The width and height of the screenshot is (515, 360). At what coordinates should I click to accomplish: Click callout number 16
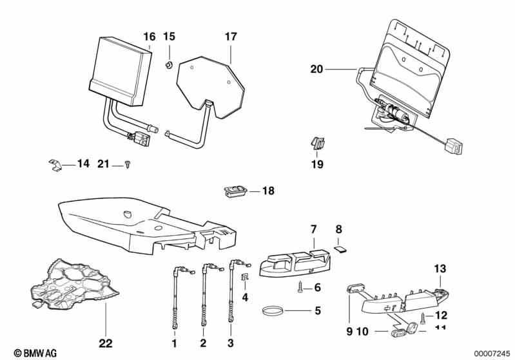tap(149, 36)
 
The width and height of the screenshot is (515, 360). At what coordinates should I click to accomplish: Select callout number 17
tap(231, 36)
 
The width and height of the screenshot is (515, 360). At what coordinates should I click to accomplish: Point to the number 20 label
tap(316, 69)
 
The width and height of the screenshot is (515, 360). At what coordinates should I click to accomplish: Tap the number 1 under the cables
tap(173, 343)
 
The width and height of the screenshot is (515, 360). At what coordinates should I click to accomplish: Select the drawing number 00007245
tap(493, 353)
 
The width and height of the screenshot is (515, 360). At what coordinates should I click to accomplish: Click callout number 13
tap(440, 269)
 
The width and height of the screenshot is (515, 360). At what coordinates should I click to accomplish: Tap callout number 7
tap(314, 229)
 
